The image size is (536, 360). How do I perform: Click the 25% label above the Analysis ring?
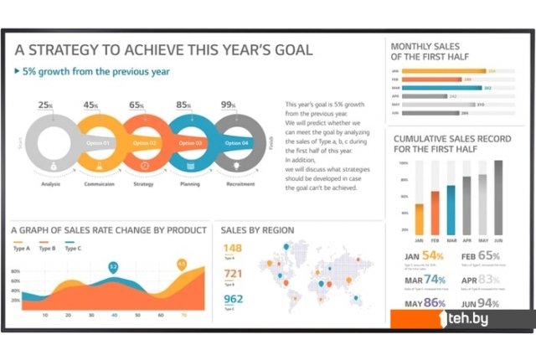[45, 105]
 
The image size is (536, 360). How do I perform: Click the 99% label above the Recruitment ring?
[228, 105]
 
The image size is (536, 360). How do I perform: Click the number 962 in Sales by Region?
[233, 299]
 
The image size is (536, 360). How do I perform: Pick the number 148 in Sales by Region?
[233, 248]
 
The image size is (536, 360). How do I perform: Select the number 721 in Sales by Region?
[233, 274]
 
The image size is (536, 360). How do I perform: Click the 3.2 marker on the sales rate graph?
[114, 266]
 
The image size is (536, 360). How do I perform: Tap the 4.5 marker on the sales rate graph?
[182, 265]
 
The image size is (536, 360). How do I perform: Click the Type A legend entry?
[22, 248]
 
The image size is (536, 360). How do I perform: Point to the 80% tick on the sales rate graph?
[16, 272]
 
